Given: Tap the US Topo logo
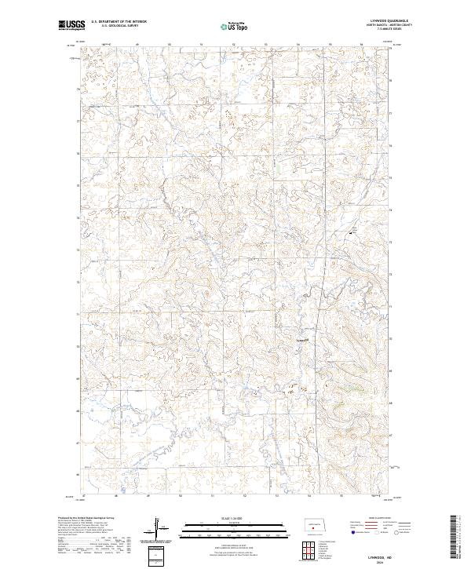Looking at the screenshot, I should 235,26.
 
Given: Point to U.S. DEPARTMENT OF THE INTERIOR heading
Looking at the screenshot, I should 119,22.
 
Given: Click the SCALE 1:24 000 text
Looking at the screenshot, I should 235,518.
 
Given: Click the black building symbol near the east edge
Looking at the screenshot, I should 351,233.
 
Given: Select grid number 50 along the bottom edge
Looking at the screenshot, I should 181,496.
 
